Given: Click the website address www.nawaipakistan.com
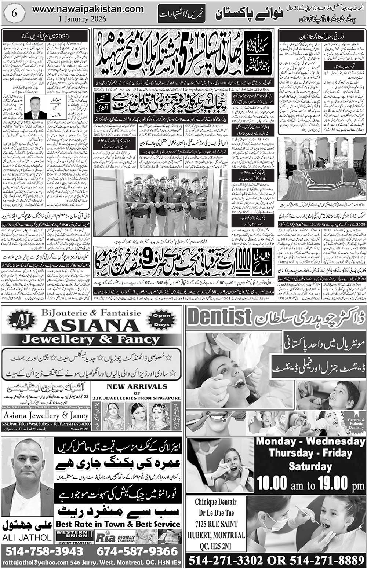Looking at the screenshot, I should (88, 9).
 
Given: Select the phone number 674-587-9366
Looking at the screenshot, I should (137, 551).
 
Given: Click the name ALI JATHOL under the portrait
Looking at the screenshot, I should (28, 537).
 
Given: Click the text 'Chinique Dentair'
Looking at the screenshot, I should (215, 502).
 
